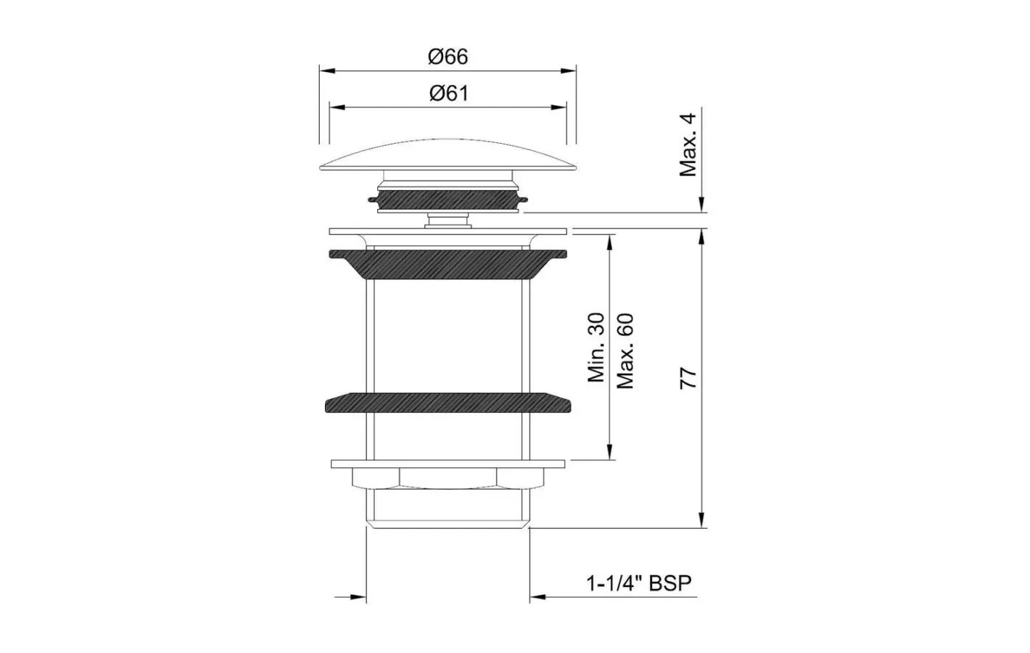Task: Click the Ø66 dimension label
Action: click(448, 57)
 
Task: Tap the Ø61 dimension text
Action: click(449, 94)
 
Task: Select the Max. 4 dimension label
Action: click(688, 145)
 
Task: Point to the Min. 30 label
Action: click(596, 348)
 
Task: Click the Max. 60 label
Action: click(625, 351)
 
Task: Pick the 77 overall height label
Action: click(688, 378)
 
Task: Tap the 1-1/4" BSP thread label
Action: click(639, 583)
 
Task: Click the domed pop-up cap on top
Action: click(448, 155)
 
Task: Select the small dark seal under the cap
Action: click(448, 200)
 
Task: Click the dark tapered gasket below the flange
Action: click(448, 264)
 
